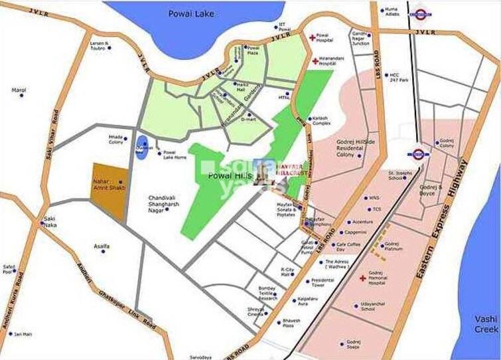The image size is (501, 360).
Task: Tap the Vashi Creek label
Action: click(486, 323)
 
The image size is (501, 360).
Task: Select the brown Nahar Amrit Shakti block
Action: click(108, 188)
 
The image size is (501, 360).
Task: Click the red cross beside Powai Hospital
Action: click(312, 38)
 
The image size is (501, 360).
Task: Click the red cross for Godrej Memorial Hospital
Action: click(362, 278)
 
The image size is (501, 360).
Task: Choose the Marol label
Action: click(19, 89)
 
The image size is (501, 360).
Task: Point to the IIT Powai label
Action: click(285, 27)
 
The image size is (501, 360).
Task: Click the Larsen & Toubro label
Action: click(99, 46)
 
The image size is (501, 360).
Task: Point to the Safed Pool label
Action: click(9, 269)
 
